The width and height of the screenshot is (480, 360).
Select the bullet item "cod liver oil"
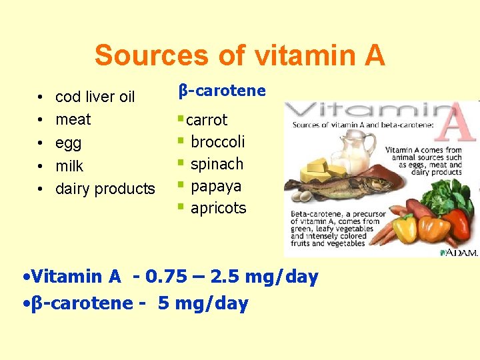(x=95, y=97)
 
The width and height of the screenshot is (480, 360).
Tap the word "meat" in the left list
(x=73, y=120)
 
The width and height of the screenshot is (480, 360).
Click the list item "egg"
(x=68, y=143)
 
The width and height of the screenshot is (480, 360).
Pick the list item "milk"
(x=69, y=166)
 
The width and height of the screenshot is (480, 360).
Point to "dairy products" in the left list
(x=105, y=189)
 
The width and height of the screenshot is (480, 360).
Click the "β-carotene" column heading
(x=223, y=91)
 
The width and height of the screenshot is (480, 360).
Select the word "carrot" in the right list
(x=207, y=120)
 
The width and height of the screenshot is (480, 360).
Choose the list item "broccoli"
(x=217, y=142)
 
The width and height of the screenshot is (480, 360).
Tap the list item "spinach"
(x=217, y=164)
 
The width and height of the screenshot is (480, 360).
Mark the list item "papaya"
(x=216, y=186)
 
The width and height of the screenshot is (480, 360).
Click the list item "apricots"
(x=218, y=208)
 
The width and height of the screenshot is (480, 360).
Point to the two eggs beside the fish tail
(x=303, y=197)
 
